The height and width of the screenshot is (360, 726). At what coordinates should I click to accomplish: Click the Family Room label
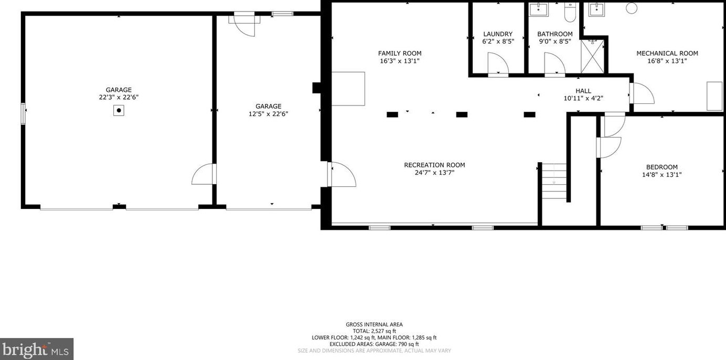point(400,53)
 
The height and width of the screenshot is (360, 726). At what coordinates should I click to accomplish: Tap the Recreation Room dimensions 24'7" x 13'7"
point(434,173)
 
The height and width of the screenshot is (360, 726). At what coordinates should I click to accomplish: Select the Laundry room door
point(498,65)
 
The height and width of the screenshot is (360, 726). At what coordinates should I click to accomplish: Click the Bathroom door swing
point(554,66)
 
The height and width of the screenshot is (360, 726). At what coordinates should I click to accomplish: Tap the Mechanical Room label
point(667,53)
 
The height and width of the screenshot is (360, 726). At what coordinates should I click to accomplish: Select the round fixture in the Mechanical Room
point(632,8)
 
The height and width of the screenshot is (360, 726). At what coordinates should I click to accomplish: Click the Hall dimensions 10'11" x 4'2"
point(583,99)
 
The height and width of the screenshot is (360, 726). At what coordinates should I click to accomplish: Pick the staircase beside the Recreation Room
point(554,181)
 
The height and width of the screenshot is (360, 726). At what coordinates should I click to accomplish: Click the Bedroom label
point(661,167)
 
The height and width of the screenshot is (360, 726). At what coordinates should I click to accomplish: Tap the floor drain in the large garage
point(119,110)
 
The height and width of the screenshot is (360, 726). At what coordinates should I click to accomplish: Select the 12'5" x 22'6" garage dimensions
point(268,114)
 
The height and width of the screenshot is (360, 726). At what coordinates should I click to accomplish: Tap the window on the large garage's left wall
point(23,113)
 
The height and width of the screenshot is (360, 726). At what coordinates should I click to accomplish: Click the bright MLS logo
point(36,349)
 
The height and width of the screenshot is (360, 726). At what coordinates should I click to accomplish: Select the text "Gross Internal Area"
point(374,324)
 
